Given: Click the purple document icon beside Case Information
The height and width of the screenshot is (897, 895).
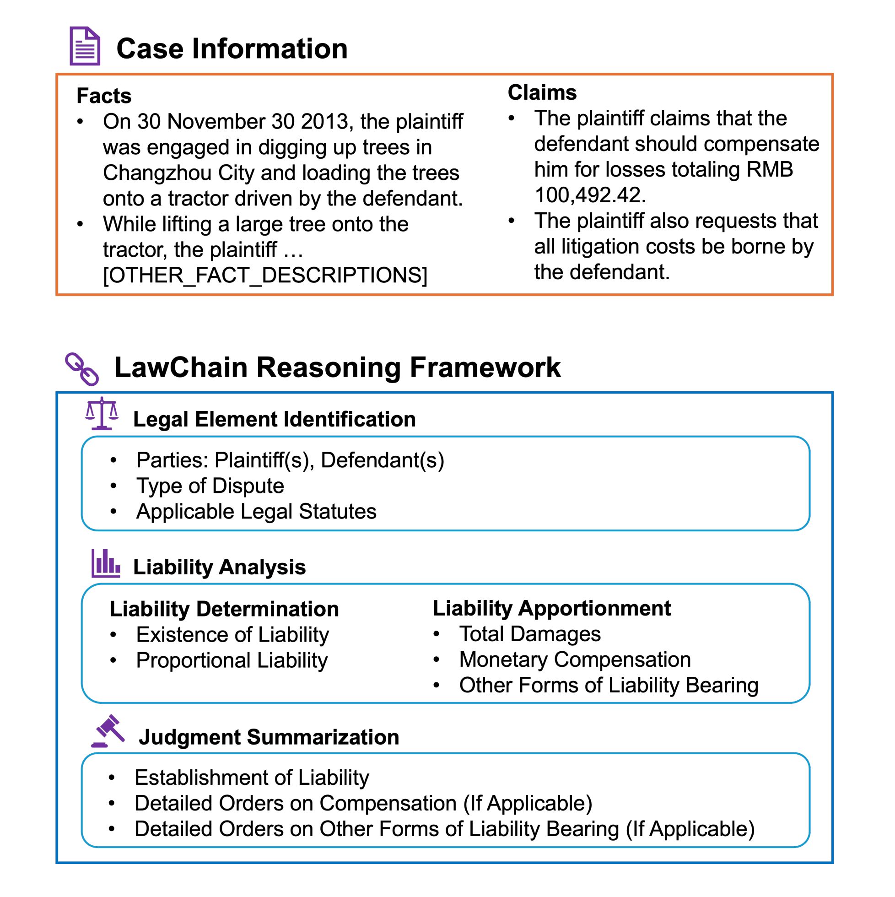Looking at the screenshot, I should click(85, 46).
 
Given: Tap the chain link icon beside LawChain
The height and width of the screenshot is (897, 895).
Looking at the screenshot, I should click(82, 369).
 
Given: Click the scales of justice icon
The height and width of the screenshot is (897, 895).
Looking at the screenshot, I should click(102, 413).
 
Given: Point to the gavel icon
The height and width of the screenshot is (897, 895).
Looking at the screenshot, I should click(108, 731).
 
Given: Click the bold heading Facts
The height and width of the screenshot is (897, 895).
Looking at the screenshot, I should click(104, 96).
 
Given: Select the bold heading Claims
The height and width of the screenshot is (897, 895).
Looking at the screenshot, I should click(542, 92).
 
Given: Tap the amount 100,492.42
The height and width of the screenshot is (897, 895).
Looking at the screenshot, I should click(589, 195).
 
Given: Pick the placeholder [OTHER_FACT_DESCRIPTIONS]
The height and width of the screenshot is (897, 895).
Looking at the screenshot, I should click(265, 276).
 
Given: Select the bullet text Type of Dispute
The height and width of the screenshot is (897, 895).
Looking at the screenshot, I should click(210, 486).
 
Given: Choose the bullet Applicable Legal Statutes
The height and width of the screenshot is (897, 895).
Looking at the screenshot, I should click(256, 512).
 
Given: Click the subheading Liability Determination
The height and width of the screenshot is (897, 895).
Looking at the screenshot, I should click(224, 609).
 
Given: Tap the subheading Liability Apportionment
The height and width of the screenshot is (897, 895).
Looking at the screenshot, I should click(551, 608).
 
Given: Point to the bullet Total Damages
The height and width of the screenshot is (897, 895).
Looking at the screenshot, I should click(530, 634).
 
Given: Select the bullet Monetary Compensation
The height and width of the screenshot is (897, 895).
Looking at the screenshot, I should click(575, 660).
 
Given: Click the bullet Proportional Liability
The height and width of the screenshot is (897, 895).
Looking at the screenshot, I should click(232, 660).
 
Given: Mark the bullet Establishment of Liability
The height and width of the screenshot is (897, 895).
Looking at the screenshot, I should click(252, 778).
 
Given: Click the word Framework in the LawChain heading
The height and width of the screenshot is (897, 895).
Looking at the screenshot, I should click(485, 367).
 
